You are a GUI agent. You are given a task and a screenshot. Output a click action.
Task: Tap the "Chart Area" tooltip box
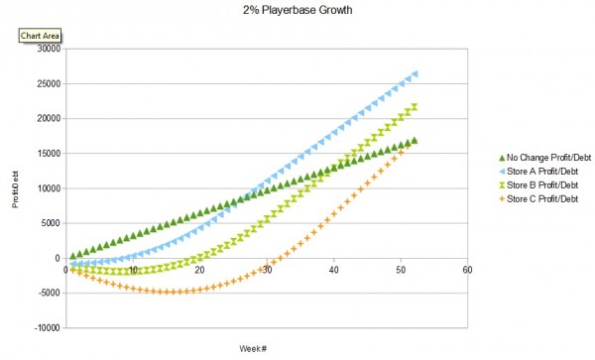(41, 37)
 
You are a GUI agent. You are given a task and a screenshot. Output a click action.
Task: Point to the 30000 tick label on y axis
(48, 49)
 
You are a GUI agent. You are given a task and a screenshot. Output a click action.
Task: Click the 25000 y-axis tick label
(48, 83)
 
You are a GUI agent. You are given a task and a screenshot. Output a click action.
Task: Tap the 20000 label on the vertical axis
(48, 118)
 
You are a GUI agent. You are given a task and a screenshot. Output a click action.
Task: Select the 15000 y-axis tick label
(48, 153)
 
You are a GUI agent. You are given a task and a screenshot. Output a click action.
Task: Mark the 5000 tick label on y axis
(51, 222)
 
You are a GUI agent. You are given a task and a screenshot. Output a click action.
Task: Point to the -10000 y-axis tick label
(47, 327)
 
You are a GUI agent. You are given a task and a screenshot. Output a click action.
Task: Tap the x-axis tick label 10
(133, 269)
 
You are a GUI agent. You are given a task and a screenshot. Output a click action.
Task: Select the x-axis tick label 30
(267, 269)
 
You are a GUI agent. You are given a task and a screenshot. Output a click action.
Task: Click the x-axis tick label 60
(467, 269)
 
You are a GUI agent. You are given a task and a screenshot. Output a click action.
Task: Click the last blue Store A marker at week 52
(415, 73)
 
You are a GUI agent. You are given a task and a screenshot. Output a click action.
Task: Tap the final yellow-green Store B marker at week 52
(415, 106)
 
